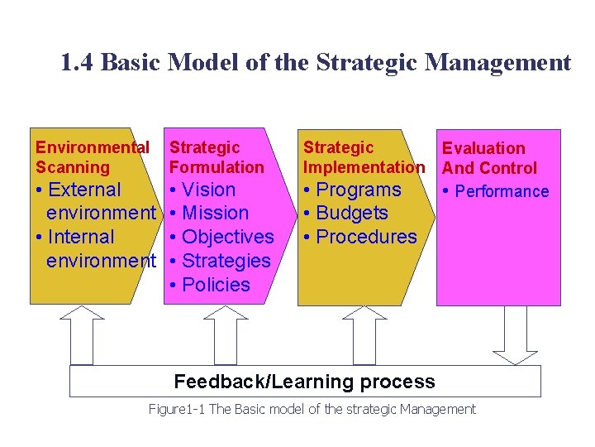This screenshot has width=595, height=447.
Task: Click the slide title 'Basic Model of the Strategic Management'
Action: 316,63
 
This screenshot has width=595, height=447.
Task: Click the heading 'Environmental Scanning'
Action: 92,157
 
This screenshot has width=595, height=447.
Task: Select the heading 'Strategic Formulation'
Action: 217,157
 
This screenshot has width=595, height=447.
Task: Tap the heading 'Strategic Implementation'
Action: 364,157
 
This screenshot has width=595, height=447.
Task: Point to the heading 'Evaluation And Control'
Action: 489,158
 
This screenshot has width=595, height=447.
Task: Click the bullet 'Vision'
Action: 208,190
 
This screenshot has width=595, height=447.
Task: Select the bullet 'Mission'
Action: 215,213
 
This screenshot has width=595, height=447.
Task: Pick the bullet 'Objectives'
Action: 227,237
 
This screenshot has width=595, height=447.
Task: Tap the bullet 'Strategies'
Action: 226,261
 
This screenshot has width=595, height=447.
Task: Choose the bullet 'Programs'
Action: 359,190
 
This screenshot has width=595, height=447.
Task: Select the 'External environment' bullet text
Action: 95,201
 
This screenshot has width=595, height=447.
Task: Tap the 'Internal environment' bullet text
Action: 95,248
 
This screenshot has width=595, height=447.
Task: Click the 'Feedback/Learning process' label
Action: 304,382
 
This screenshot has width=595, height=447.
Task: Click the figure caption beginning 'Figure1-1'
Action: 312,409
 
